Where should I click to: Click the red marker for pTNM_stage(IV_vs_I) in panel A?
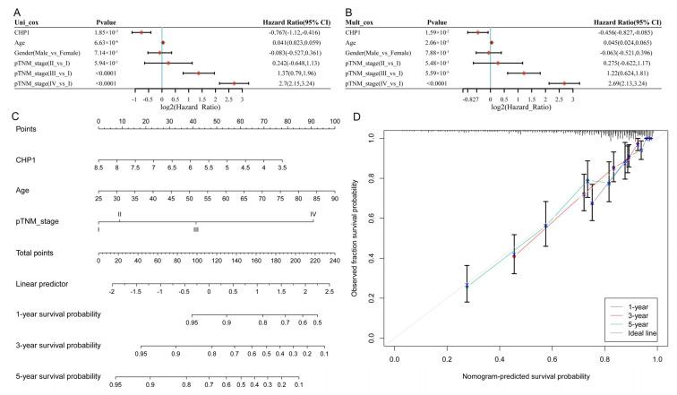click(x=234, y=83)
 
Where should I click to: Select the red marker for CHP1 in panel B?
click(x=479, y=31)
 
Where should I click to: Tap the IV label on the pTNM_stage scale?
click(x=313, y=215)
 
